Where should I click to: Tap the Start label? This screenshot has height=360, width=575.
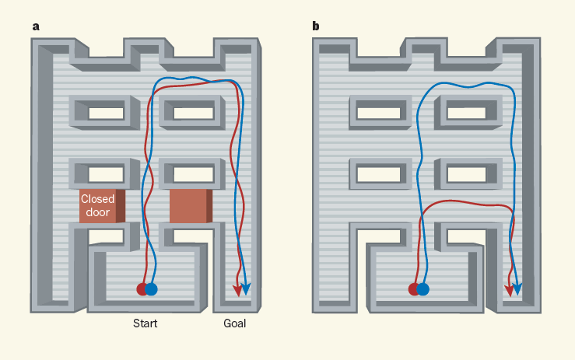[x=145, y=323]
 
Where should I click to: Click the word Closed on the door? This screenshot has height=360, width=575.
[x=98, y=200]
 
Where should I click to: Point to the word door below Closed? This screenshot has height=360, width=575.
[x=98, y=211]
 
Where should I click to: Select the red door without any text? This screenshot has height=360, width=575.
[x=188, y=205]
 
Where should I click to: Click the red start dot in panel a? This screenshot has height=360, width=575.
[x=142, y=289]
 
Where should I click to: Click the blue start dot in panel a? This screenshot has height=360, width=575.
[x=152, y=289]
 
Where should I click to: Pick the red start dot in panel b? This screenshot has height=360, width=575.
[x=414, y=289]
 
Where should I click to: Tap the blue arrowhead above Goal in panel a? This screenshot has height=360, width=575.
[x=247, y=291]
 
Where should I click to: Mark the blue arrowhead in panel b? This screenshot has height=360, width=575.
[x=518, y=291]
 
